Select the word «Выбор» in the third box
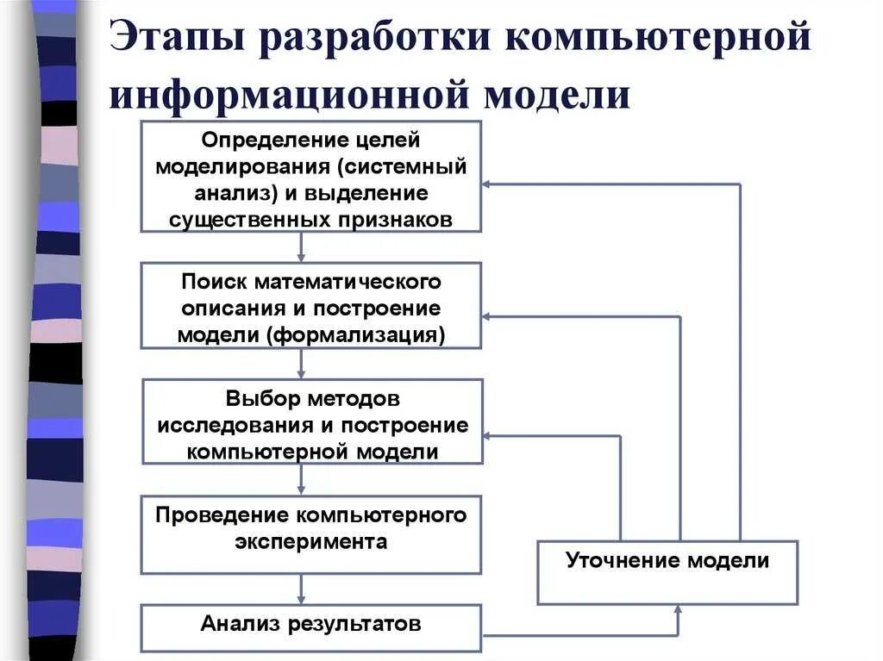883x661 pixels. (250, 399)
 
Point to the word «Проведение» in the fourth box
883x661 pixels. (222, 515)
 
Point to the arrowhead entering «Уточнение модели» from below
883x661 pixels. (679, 609)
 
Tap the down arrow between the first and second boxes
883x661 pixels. (301, 255)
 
